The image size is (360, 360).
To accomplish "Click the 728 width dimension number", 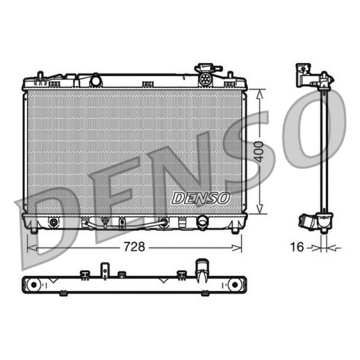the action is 134,247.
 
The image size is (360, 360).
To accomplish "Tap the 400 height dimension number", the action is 259,152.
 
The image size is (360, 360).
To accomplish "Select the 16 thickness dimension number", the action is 297,247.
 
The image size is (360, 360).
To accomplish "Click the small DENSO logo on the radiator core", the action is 201,198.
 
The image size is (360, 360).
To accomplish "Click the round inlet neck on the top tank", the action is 96,81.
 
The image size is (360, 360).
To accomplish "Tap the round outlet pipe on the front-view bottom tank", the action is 202,221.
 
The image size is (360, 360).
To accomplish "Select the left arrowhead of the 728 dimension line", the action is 31,248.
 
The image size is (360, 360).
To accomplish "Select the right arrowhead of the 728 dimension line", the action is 237,248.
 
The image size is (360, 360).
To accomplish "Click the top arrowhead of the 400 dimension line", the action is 260,94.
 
